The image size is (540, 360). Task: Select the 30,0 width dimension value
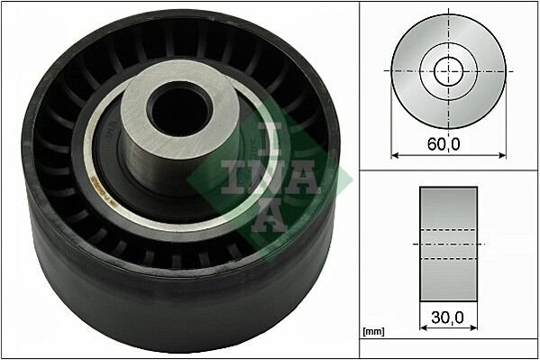(x=447, y=318)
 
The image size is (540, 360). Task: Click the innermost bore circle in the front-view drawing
(x=447, y=70)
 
